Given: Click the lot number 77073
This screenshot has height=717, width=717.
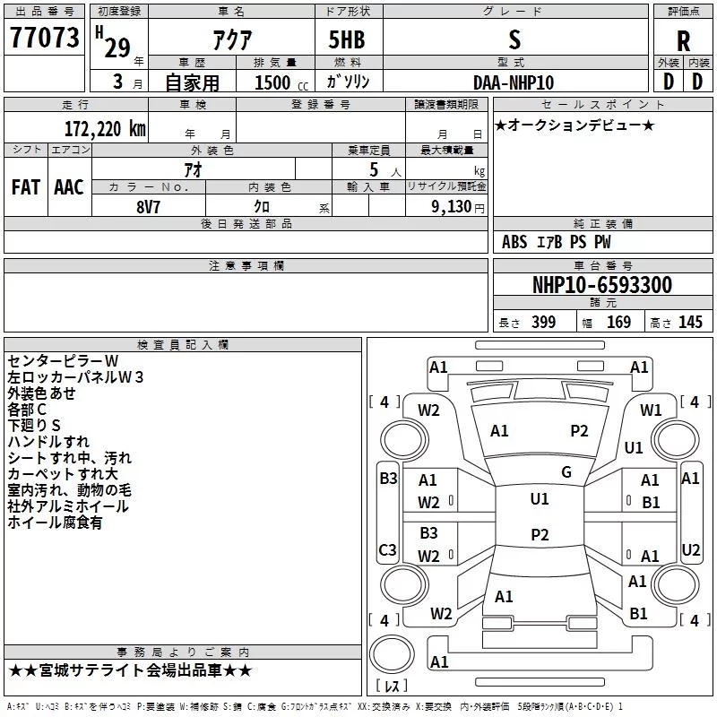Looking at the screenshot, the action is click(x=44, y=38).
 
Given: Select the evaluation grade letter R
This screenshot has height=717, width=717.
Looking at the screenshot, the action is click(x=683, y=41).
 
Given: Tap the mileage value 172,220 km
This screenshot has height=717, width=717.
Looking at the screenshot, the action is click(x=105, y=129).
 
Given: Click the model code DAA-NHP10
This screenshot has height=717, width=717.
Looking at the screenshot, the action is click(x=514, y=82).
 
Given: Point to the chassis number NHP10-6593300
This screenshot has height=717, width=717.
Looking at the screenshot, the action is click(x=602, y=285).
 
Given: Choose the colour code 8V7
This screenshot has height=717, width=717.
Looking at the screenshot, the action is click(x=148, y=207).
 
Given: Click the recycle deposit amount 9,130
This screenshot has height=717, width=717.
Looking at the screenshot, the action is click(x=452, y=206).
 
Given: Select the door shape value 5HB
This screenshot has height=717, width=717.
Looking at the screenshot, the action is click(x=347, y=39).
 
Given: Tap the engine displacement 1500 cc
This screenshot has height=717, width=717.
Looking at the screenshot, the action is click(x=281, y=82).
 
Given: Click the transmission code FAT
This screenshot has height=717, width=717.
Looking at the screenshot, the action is click(x=26, y=187).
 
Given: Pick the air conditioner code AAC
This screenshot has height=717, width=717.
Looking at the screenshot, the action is click(x=69, y=187).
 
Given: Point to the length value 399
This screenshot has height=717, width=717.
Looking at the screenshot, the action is click(x=543, y=322).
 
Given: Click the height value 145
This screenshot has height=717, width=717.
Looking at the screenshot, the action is click(x=690, y=322).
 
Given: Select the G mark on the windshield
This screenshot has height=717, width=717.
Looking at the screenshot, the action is click(x=566, y=472).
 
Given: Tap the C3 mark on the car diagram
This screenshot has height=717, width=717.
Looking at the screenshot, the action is click(x=387, y=549).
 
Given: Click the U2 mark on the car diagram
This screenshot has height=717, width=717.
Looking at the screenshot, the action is click(x=690, y=549).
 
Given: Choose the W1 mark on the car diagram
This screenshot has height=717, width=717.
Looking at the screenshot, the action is click(x=651, y=410).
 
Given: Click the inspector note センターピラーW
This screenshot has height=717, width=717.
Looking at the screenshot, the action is click(x=63, y=361).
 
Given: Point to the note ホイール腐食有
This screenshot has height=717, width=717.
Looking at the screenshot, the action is click(x=55, y=523).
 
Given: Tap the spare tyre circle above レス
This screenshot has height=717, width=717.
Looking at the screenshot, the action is click(x=392, y=654).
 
